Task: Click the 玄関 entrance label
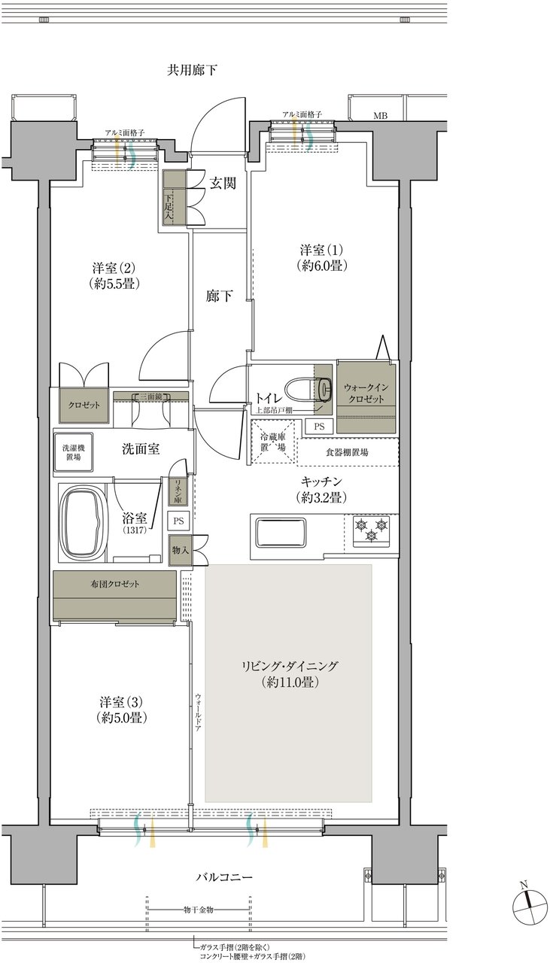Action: coord(222,184)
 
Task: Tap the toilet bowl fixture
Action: coord(308,387)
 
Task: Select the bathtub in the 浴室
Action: coord(83,522)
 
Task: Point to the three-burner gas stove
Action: coord(371,531)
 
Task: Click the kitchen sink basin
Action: coord(281,533)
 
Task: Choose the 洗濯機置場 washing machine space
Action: coord(74,452)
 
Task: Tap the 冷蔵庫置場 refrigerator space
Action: coord(273,442)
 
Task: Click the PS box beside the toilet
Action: coord(319,427)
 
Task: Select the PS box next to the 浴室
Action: coord(178,521)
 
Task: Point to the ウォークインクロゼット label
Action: coord(366,393)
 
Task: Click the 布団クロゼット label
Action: coord(114,584)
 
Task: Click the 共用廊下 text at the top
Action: coord(192,70)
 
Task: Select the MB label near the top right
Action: coord(380,116)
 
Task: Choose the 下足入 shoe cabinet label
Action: coord(168,206)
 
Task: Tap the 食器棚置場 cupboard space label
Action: coord(347,452)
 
